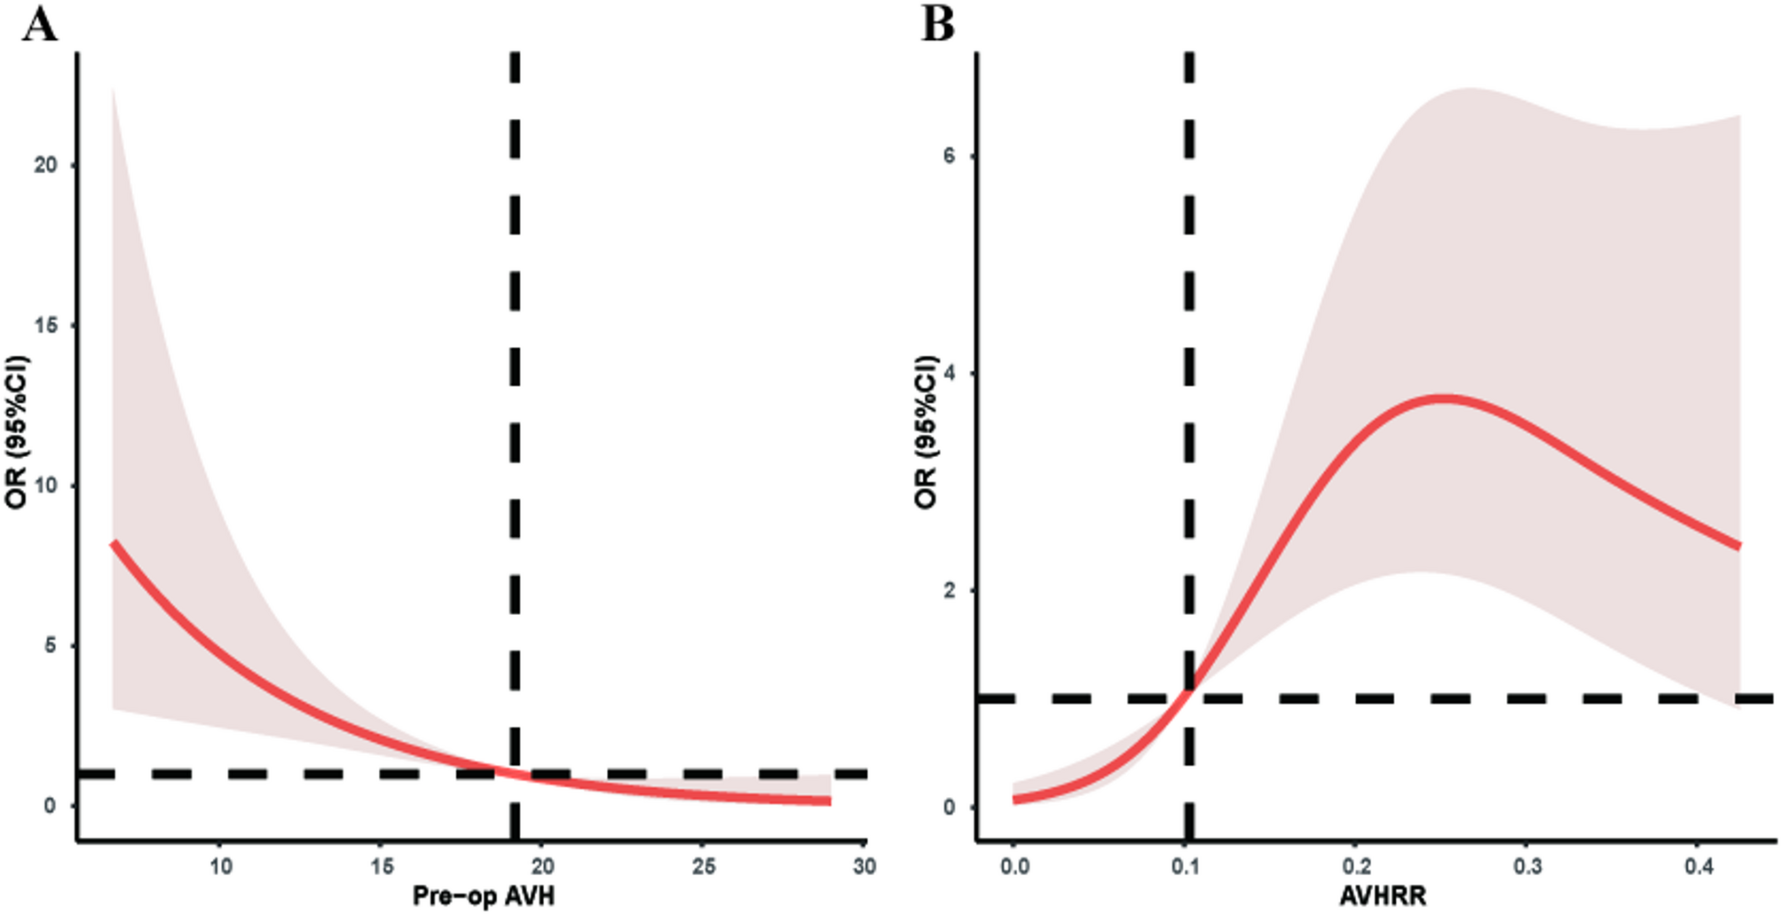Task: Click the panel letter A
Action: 40,25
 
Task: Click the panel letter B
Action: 938,25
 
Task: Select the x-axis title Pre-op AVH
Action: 484,895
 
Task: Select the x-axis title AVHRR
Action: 1383,895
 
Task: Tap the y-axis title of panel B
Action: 926,432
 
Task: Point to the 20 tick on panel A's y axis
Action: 45,165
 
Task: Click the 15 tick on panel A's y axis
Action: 45,325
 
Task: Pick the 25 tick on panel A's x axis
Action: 704,866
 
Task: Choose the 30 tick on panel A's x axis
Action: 864,866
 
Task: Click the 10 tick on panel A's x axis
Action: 221,866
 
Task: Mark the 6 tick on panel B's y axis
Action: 950,156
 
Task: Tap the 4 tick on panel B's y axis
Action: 950,374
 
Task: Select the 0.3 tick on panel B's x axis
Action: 1527,866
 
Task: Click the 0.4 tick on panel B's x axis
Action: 1699,866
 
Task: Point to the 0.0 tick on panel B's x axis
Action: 1014,866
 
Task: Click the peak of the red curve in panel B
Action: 1445,398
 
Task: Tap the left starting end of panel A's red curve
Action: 114,542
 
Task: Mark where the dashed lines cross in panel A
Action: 515,774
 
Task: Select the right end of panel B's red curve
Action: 1739,546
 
